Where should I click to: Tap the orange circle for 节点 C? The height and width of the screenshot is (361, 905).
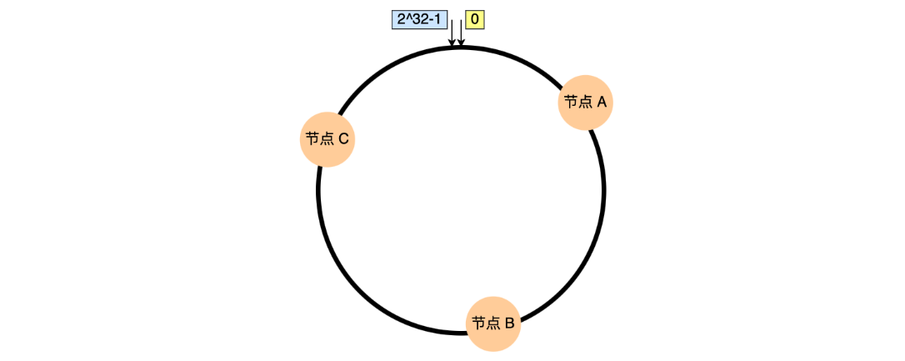[x=327, y=139]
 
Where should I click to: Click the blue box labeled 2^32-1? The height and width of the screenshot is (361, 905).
[x=418, y=18]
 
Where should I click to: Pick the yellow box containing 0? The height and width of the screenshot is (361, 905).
[x=475, y=18]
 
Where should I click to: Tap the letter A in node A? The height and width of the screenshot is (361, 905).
[x=602, y=102]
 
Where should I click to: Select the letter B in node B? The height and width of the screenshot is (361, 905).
[x=509, y=323]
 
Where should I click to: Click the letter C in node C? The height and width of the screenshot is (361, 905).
[x=343, y=139]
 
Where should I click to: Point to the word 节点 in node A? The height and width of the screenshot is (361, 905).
[x=577, y=102]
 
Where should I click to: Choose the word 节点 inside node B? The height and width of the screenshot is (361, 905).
[x=484, y=323]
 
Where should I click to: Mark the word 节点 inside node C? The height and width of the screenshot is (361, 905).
[x=318, y=139]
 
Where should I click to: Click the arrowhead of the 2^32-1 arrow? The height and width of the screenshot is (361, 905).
[x=452, y=43]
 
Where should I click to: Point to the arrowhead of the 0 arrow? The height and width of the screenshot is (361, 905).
[x=461, y=43]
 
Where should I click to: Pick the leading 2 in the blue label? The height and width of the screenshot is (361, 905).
[x=401, y=18]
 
